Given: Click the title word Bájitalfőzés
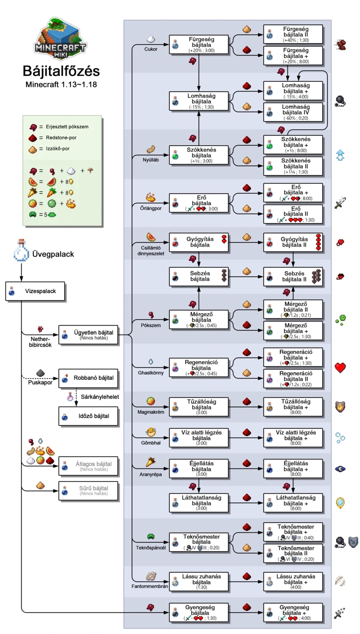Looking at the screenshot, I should coord(62,71).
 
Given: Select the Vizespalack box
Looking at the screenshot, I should coord(36,291).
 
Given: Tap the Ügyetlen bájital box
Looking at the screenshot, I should coord(89,335).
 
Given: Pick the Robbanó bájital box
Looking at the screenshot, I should coord(89,378).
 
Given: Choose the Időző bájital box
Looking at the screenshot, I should coord(89,416).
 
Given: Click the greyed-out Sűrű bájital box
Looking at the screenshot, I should coord(89,491).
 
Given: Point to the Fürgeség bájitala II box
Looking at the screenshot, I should coord(293,34).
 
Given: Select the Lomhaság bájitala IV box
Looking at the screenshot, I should coord(293,112).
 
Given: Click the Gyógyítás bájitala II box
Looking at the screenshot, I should coord(293,242).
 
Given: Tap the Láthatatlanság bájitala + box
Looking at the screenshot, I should coord(293,503).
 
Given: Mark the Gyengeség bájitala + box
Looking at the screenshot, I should coord(293,612).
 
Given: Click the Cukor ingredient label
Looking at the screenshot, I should coord(151,49).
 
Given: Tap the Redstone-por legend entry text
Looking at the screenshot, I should coord(54,138).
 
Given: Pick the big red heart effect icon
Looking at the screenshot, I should coord(341,367).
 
